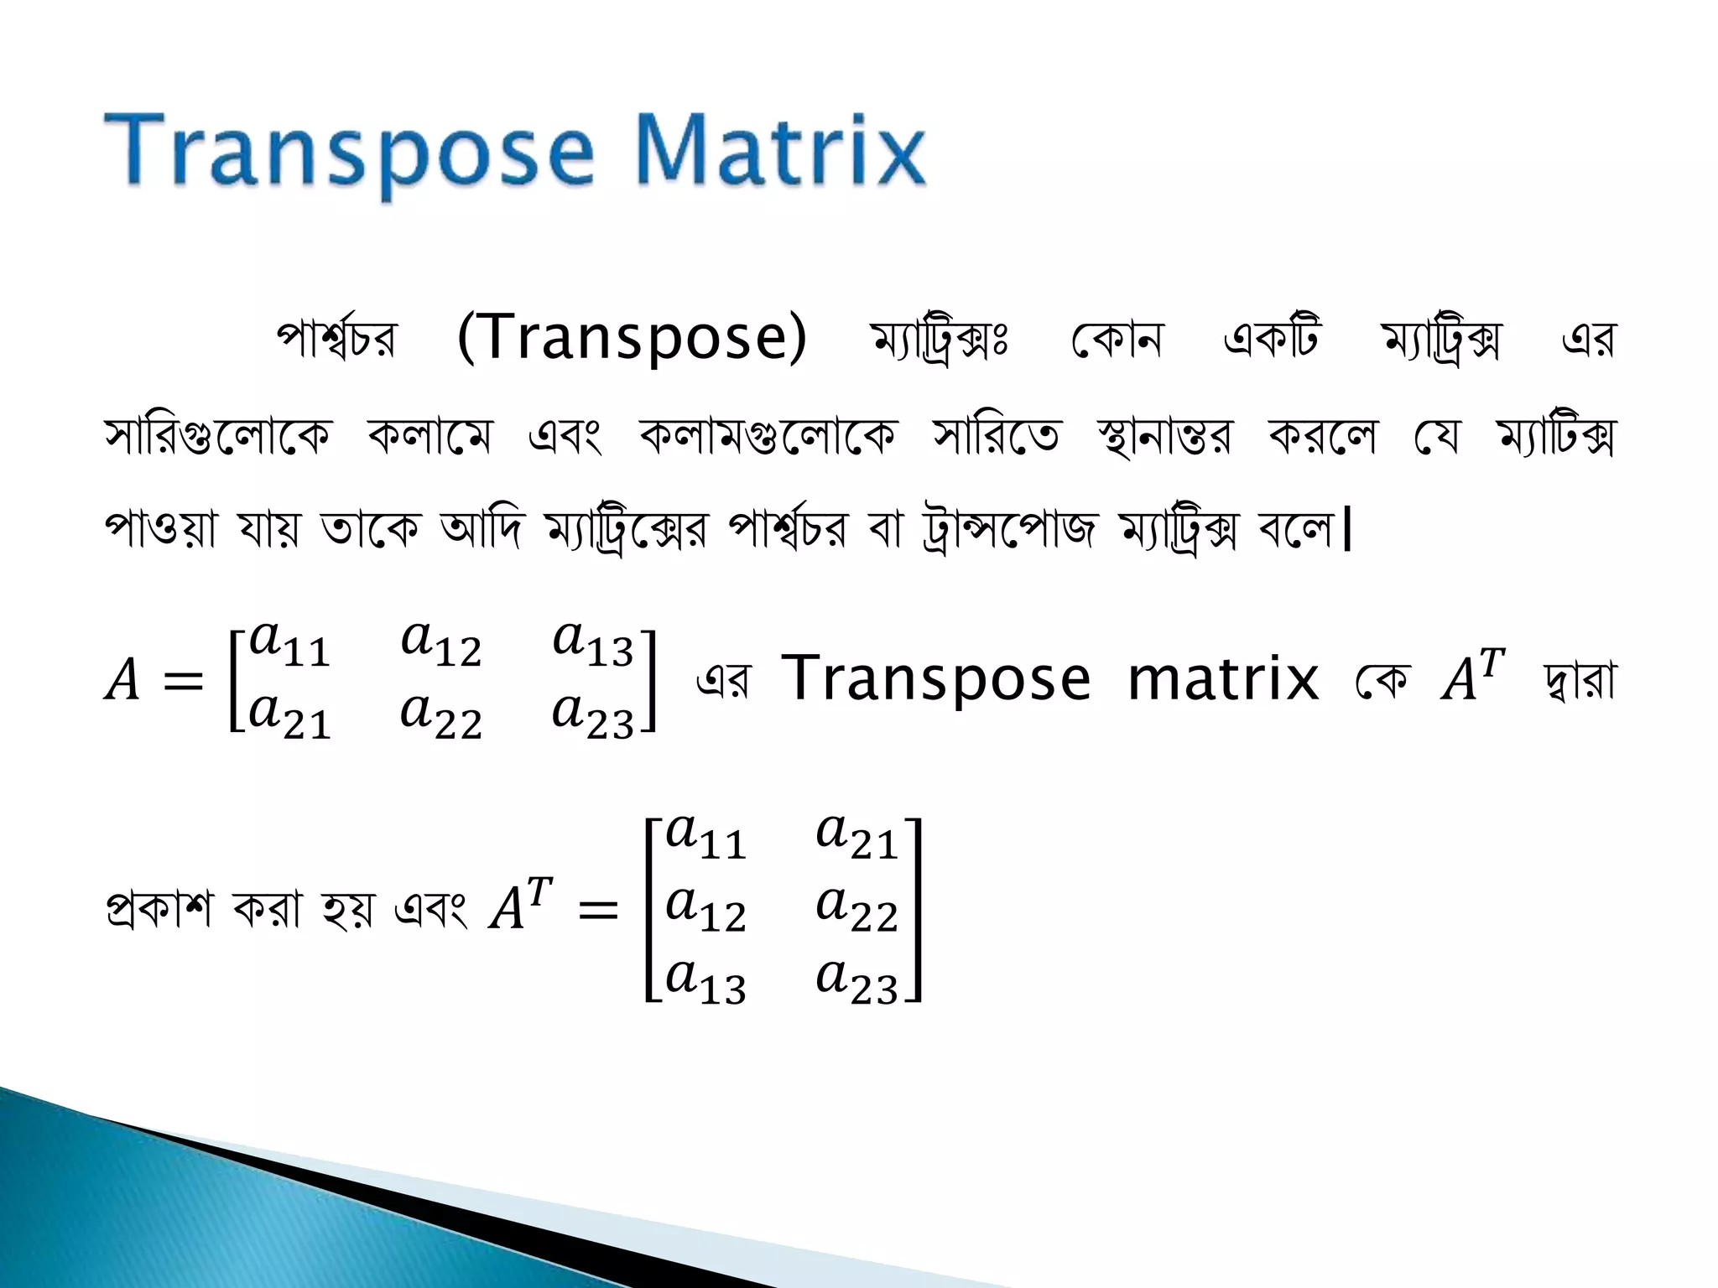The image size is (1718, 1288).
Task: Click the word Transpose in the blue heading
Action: point(348,153)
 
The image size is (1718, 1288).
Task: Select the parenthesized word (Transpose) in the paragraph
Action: point(632,337)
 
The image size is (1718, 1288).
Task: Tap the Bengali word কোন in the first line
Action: point(1117,340)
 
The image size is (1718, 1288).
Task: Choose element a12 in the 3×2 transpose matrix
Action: point(705,909)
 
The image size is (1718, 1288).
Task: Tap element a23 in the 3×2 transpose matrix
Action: point(856,981)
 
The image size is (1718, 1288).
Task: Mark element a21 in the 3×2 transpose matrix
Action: point(856,837)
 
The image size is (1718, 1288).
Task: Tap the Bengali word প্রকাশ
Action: point(159,909)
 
